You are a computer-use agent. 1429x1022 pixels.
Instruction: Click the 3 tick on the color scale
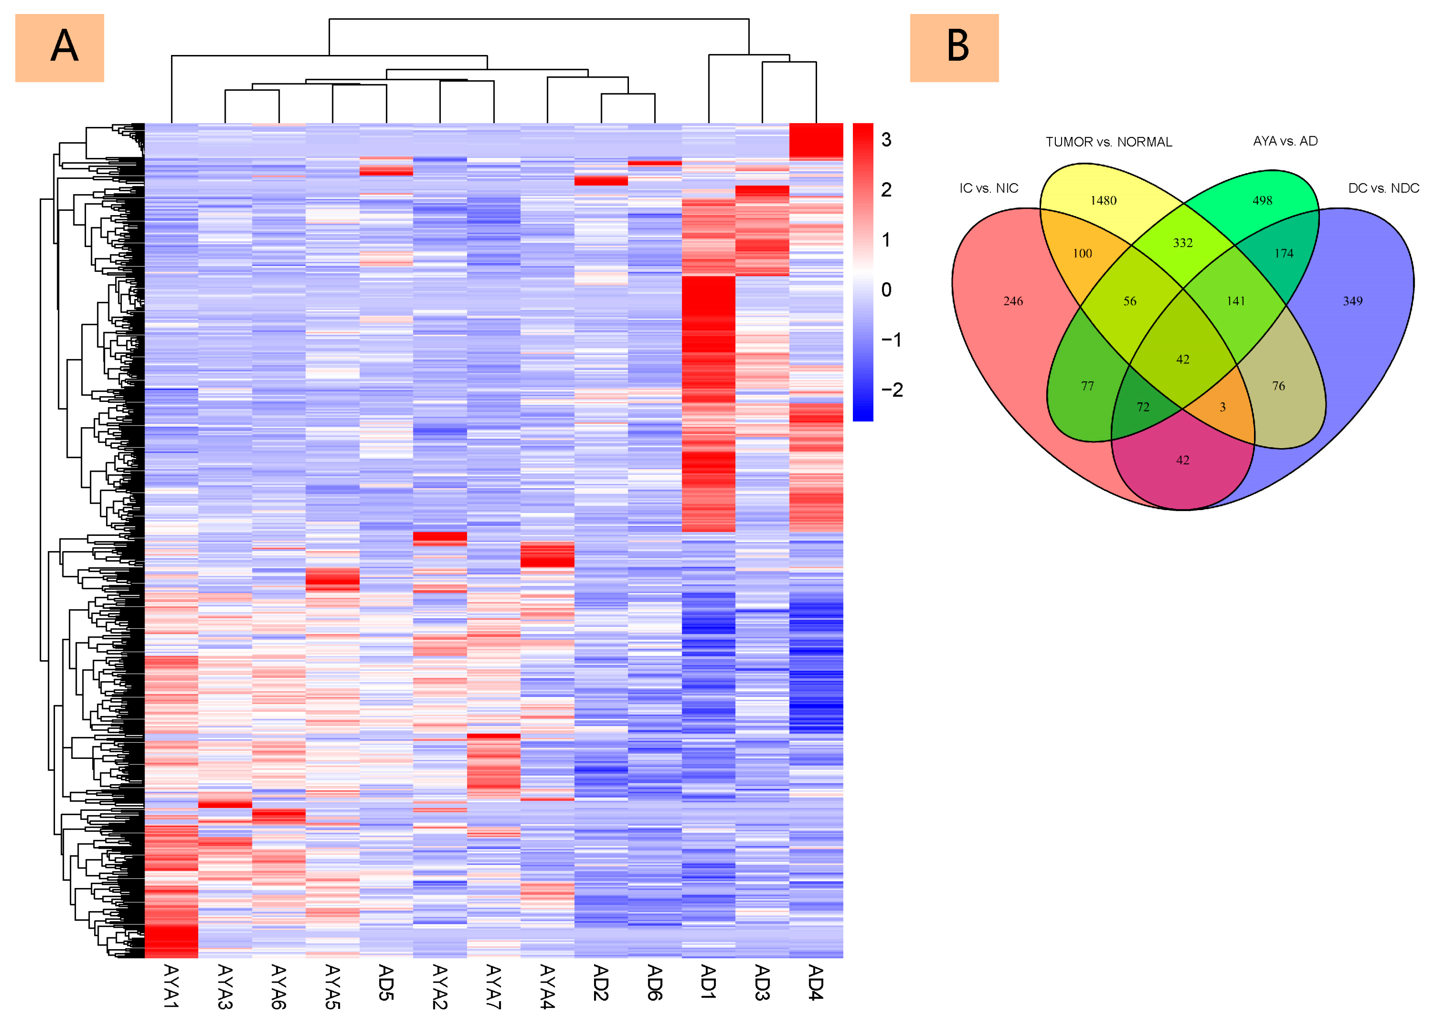pyautogui.click(x=886, y=140)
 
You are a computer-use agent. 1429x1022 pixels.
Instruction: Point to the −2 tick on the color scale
pyautogui.click(x=891, y=390)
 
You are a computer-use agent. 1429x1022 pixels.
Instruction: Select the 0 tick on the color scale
pyautogui.click(x=886, y=289)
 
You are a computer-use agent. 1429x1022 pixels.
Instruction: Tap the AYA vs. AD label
pyautogui.click(x=1285, y=141)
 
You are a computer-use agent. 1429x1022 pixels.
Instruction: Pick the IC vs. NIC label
pyautogui.click(x=988, y=188)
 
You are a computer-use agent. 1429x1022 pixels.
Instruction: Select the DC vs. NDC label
pyautogui.click(x=1383, y=188)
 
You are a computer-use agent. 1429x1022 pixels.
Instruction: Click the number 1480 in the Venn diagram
pyautogui.click(x=1103, y=201)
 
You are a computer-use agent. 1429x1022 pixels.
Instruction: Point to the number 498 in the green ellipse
pyautogui.click(x=1262, y=201)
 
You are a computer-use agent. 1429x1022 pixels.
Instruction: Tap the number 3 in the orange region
pyautogui.click(x=1223, y=407)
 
